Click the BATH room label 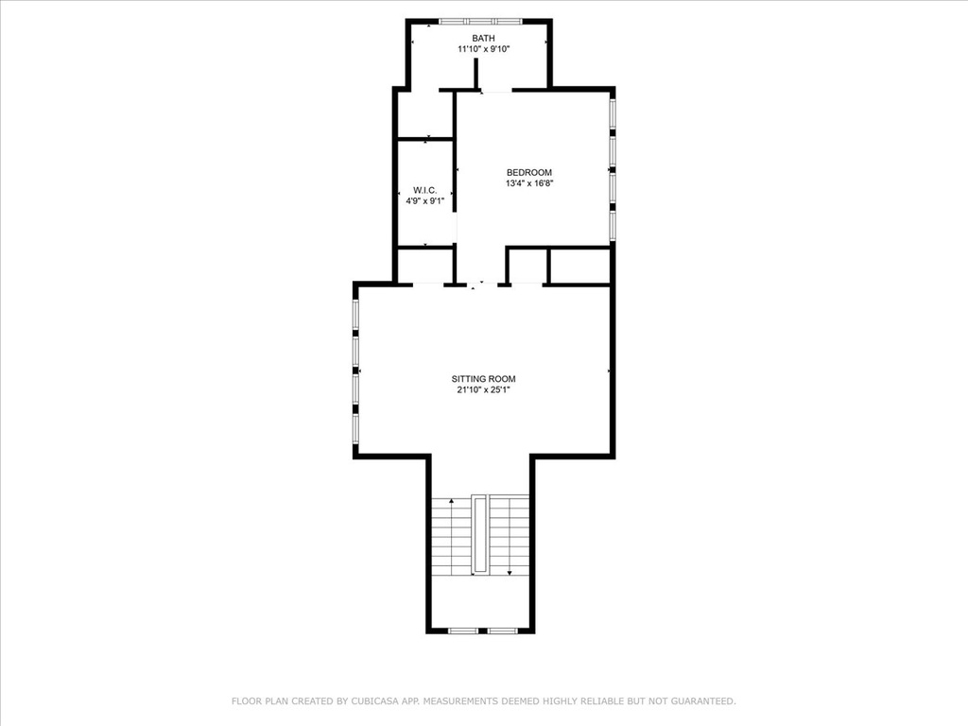[483, 38]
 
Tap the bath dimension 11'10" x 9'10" [483, 49]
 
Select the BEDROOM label [529, 173]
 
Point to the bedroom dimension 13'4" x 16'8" [529, 183]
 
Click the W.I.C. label [425, 190]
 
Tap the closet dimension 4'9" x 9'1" [425, 200]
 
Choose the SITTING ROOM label [483, 379]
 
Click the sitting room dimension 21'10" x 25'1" [483, 389]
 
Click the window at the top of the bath [480, 22]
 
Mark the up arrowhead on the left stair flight [452, 501]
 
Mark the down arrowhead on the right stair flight [510, 573]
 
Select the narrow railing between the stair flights [479, 534]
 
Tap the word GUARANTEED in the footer [703, 701]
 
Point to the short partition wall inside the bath [476, 74]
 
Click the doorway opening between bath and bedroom [496, 91]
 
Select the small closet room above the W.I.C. [425, 114]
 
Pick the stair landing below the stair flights [479, 601]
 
